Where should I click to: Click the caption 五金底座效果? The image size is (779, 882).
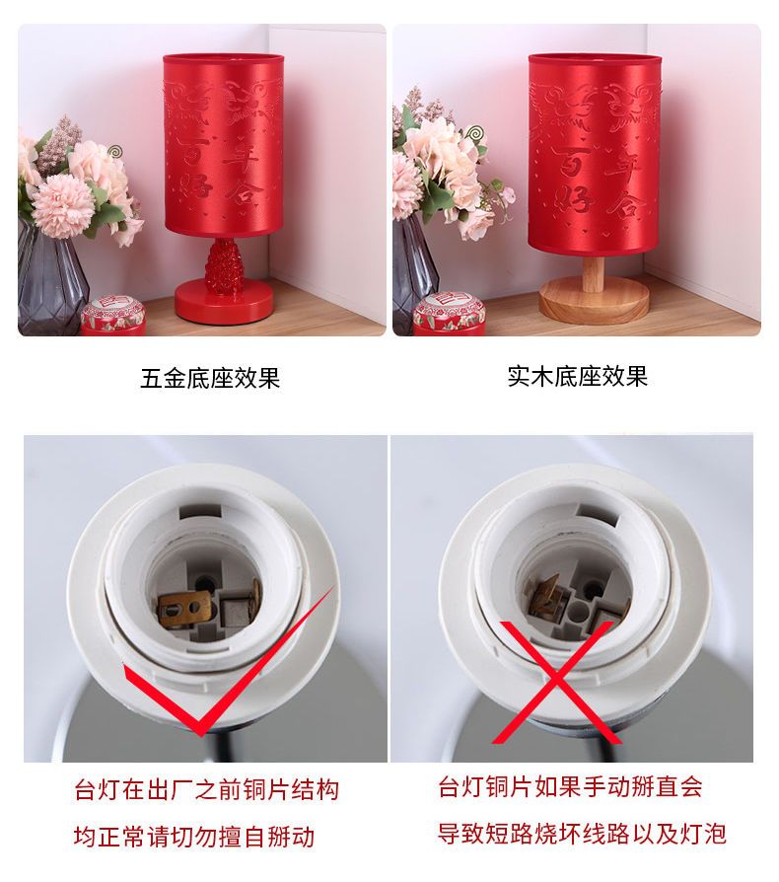point(210,378)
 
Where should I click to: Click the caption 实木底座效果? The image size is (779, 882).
point(578,376)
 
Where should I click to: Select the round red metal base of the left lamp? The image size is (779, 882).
point(223,304)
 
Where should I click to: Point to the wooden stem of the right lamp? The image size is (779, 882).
point(593,273)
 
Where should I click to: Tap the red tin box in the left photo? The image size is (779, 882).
point(113,317)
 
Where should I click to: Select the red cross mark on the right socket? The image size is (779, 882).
point(554,682)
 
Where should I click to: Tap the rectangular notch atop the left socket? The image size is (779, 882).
point(199,511)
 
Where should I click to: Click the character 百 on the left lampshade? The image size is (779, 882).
point(192,150)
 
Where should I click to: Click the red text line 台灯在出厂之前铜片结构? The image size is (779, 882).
point(207,789)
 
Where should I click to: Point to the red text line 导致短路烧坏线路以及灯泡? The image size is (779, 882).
point(583,834)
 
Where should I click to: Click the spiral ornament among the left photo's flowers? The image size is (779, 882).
point(114,151)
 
